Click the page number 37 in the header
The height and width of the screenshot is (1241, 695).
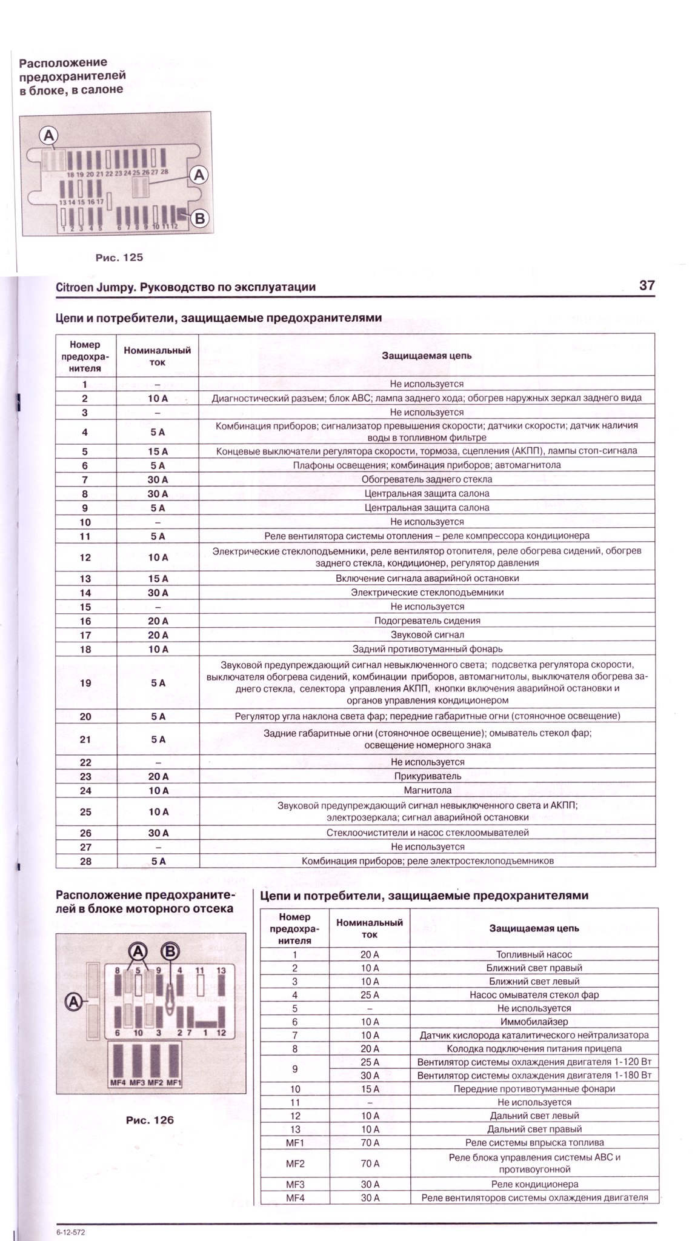647,285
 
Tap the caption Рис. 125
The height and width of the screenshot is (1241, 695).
119,258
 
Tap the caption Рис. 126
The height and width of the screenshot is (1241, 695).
149,1120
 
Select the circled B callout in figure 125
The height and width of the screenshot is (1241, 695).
199,219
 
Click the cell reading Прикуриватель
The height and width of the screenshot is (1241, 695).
427,776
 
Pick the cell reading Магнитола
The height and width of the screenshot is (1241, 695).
427,790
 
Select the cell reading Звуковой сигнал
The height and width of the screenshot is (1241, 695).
427,635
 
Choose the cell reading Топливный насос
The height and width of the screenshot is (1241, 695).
534,954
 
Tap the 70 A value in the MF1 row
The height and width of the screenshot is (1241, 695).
370,1143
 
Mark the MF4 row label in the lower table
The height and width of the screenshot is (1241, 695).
294,1197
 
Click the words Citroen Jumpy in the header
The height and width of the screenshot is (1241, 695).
95,287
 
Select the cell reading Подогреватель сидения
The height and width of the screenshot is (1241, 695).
427,620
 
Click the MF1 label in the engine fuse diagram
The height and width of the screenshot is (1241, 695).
175,1082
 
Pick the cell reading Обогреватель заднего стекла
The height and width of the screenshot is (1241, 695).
427,479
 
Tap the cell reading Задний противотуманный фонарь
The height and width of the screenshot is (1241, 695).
427,649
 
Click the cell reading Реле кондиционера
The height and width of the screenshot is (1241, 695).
534,1184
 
